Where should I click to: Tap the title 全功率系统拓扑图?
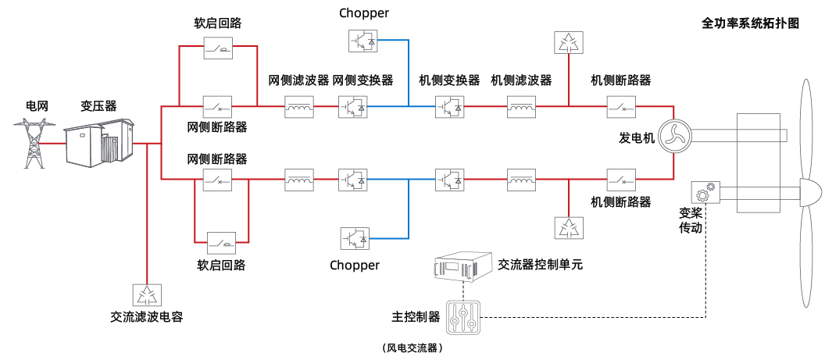(x=750, y=23)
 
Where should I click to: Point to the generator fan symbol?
(x=671, y=137)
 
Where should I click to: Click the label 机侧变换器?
(x=449, y=80)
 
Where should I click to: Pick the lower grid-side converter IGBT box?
(x=352, y=180)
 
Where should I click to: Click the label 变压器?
(x=98, y=105)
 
